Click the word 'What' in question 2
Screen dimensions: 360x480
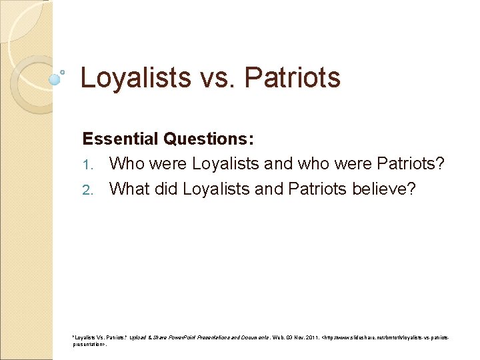[x=129, y=189]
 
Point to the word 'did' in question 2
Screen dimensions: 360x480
[x=167, y=189]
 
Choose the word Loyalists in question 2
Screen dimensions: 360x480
[x=217, y=189]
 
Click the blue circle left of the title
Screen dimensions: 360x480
[x=55, y=79]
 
